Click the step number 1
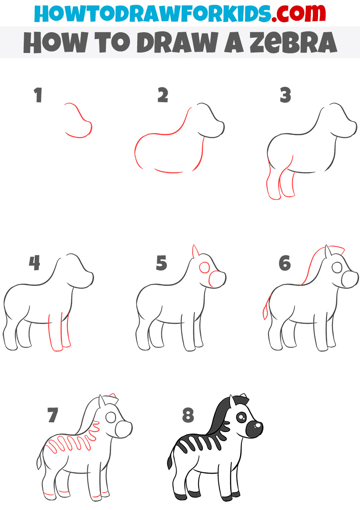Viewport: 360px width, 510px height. (38, 95)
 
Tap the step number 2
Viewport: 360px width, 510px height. (163, 95)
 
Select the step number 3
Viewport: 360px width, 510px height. (285, 95)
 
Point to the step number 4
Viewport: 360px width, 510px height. (34, 263)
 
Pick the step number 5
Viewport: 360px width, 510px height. (161, 263)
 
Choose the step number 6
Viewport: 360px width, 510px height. (285, 263)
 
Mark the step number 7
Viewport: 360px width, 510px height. (53, 415)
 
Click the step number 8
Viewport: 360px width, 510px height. (188, 415)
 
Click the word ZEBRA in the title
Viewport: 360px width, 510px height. (293, 42)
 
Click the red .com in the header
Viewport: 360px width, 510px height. (299, 14)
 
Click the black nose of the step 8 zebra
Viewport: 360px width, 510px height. (254, 429)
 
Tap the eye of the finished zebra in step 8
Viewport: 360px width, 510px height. (241, 417)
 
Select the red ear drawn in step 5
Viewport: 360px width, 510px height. (196, 251)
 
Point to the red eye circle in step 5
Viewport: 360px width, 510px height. (205, 268)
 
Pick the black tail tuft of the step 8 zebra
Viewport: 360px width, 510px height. (170, 461)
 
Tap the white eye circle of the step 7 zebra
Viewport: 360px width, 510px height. (111, 418)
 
